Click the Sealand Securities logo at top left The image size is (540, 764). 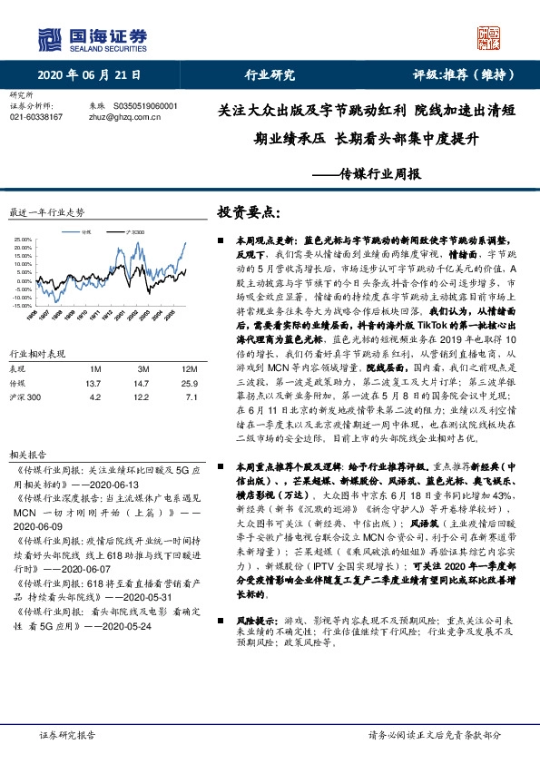[x=92, y=39]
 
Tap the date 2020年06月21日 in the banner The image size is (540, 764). [x=88, y=75]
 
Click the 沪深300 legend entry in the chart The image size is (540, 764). [x=137, y=231]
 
